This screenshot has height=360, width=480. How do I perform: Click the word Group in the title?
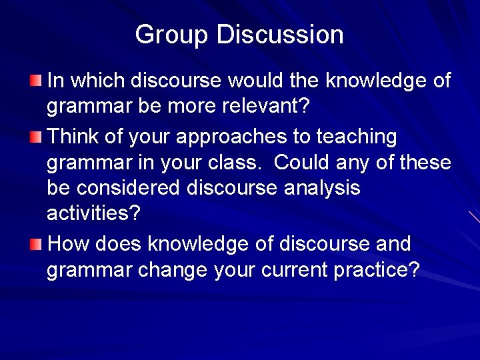point(172,35)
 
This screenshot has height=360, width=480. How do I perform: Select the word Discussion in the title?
point(280,35)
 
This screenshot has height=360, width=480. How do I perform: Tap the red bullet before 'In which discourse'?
point(35,81)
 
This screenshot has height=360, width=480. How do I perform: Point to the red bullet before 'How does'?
point(35,245)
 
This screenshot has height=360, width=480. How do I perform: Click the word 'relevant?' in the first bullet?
point(267,107)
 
